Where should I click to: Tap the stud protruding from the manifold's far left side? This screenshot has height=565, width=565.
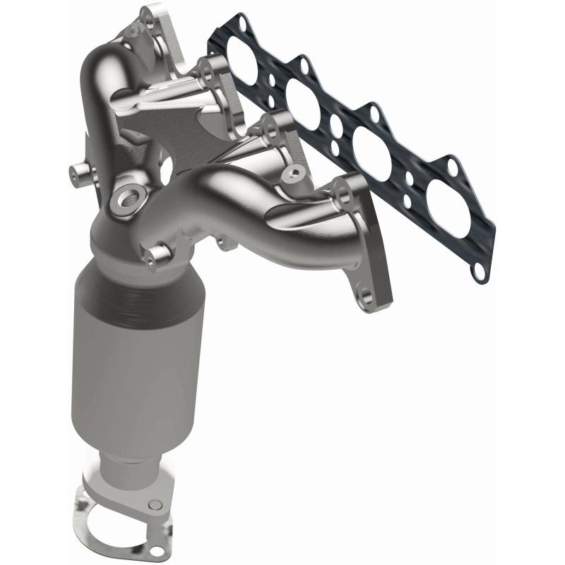[x=77, y=169]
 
